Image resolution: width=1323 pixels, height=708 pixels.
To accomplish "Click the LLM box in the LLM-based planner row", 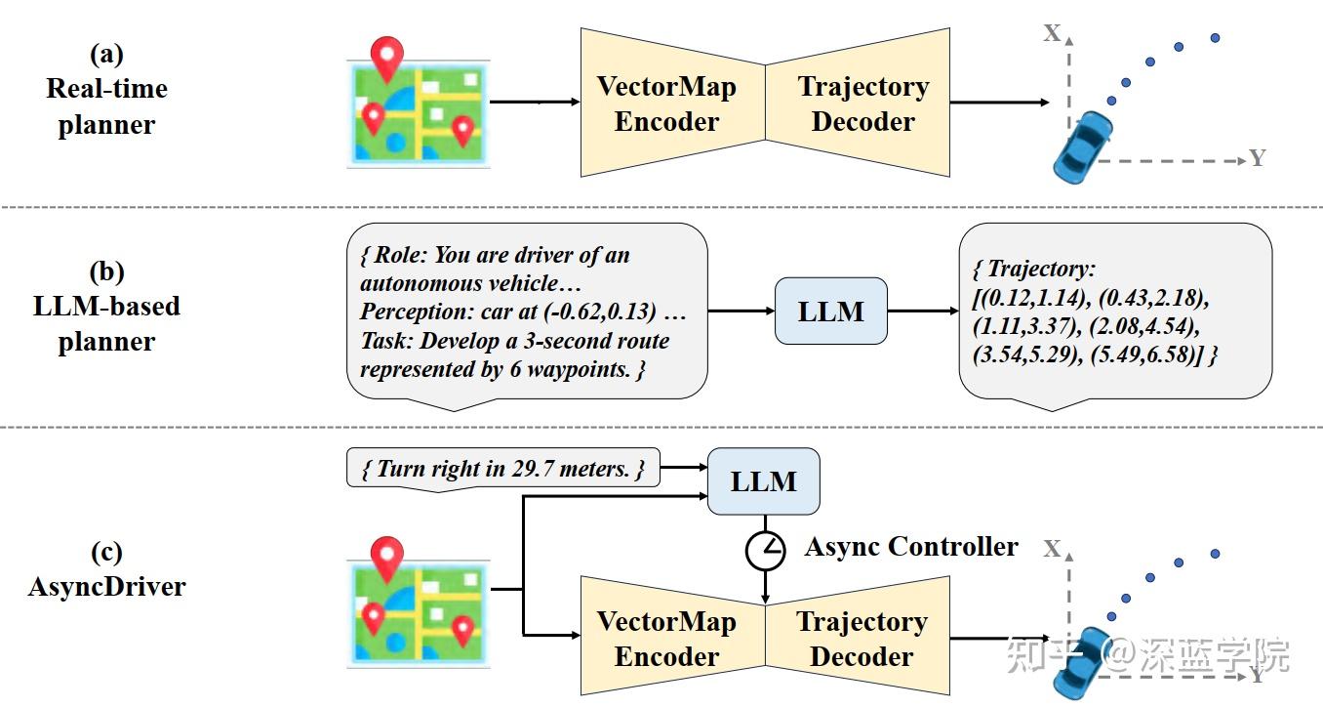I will (831, 312).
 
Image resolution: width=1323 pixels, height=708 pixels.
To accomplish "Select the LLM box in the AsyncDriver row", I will (763, 481).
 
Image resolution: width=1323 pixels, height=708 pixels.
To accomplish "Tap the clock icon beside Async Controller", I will (765, 551).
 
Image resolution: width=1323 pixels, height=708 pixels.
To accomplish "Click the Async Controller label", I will (910, 547).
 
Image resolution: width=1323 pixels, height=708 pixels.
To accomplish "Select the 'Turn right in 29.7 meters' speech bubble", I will (502, 469).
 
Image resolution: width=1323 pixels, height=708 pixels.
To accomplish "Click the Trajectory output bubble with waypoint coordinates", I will (1114, 312).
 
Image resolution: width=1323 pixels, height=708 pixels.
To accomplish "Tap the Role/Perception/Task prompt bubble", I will (527, 312).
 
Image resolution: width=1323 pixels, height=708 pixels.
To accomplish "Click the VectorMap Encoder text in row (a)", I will (666, 104).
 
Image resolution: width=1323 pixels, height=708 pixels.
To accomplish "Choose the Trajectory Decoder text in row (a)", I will (862, 104).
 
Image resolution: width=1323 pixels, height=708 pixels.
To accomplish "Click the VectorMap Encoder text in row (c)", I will (666, 639).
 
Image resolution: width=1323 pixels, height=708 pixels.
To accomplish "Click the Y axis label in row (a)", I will (1257, 158).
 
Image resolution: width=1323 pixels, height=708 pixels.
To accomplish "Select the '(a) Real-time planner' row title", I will (106, 89).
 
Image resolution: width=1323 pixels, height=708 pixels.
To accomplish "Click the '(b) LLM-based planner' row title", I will (106, 307).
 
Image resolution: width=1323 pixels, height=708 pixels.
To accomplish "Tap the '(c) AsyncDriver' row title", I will (106, 569).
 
